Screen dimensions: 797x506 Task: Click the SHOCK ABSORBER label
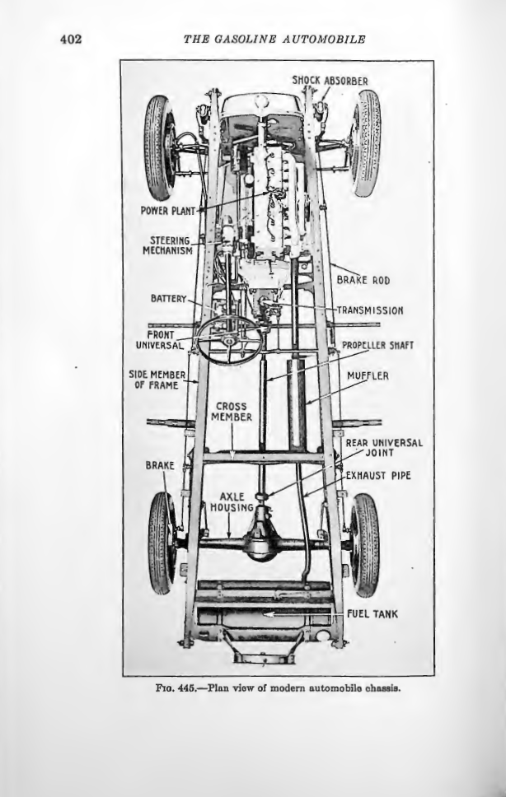330,81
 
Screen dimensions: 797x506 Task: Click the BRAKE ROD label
363,281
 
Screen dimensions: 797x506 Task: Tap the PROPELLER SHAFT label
376,346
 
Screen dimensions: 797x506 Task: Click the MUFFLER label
368,376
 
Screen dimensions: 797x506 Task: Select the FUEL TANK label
372,613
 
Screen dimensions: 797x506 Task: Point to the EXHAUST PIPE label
377,476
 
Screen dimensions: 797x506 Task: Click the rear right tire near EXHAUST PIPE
364,543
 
